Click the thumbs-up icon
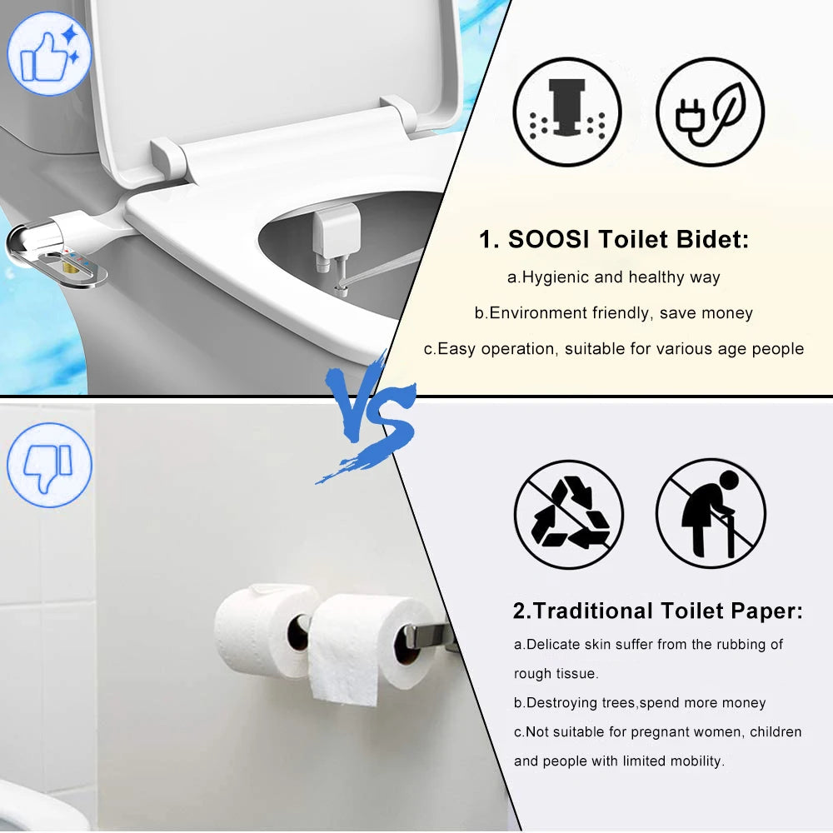click(48, 52)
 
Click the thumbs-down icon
click(48, 465)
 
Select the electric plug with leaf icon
click(710, 112)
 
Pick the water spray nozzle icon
click(566, 112)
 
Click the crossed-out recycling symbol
click(568, 514)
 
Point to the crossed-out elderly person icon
click(710, 514)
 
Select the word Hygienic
click(556, 277)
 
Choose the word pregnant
click(645, 732)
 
